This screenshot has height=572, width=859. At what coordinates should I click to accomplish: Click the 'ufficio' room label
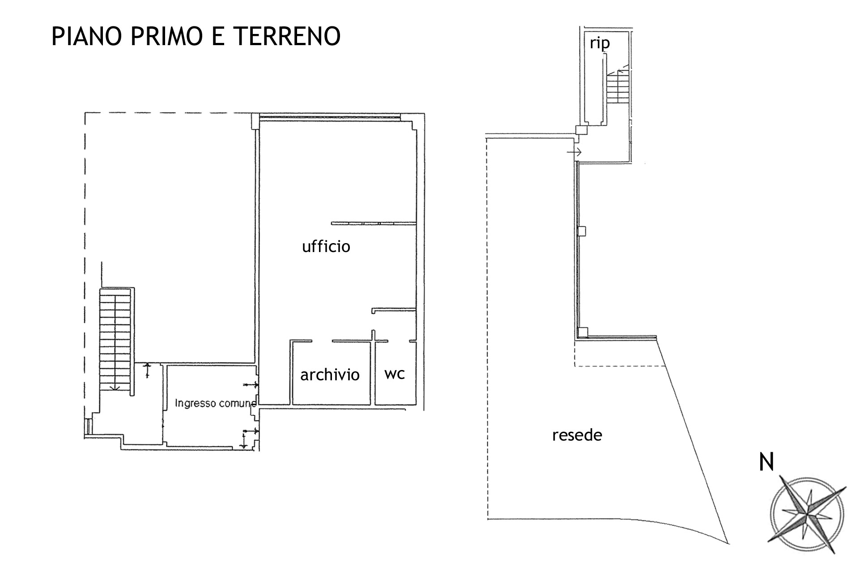point(326,246)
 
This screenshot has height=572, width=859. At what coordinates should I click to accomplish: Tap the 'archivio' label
point(330,374)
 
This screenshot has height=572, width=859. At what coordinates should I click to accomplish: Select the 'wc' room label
point(395,374)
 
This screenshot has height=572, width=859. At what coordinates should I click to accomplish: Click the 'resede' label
point(577,435)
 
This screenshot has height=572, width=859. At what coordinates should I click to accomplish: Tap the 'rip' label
point(600,43)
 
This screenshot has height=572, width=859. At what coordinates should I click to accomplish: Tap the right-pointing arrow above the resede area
point(574,152)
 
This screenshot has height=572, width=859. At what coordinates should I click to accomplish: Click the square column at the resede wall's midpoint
point(582,231)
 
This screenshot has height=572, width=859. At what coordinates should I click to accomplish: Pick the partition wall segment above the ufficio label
point(374,223)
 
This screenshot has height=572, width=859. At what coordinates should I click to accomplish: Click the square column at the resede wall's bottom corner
point(582,332)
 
